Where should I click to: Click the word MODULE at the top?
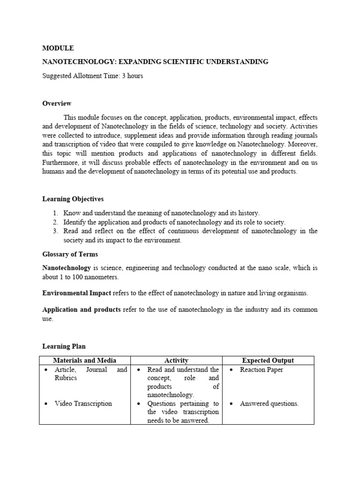click(58, 48)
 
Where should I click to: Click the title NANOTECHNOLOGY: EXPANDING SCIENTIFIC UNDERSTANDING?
click(155, 62)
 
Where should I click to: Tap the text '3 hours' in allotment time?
click(132, 76)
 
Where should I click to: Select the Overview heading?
click(57, 103)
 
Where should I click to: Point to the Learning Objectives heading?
click(73, 199)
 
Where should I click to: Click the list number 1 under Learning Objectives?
click(55, 213)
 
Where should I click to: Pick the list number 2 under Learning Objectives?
click(55, 222)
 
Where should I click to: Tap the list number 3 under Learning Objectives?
click(55, 231)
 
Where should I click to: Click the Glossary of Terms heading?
click(70, 254)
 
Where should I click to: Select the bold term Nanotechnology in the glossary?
click(67, 268)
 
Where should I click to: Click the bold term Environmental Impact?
click(77, 293)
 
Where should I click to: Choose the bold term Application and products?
click(82, 309)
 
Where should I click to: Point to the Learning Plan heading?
click(64, 346)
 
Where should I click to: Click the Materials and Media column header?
click(84, 360)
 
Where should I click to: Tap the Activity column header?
click(176, 360)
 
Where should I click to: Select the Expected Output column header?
click(268, 360)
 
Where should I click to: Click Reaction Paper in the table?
click(262, 370)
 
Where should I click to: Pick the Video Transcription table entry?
click(83, 404)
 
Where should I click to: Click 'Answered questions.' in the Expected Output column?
click(269, 404)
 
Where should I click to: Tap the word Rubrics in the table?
click(66, 378)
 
